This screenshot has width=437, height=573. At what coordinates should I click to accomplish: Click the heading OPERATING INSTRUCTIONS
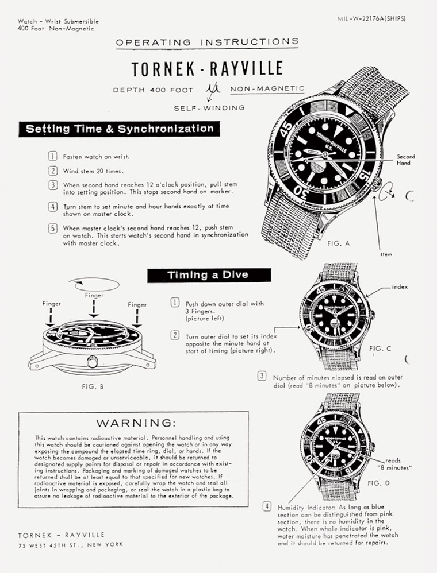point(207,42)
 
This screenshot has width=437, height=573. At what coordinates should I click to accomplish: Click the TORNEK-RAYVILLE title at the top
point(207,69)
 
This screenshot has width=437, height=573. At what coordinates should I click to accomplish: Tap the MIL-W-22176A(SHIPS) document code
point(371,19)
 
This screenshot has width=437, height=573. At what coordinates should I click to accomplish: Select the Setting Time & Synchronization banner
point(120,129)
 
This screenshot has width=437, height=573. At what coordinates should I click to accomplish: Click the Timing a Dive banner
point(209,275)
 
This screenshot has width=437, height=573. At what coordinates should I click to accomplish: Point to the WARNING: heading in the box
point(136,423)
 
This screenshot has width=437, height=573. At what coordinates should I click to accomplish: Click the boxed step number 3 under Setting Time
point(53,185)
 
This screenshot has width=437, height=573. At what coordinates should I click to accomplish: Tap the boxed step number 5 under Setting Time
point(53,229)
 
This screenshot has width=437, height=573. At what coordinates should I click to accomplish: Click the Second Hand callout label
point(406,160)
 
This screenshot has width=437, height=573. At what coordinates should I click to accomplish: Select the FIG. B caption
point(92,386)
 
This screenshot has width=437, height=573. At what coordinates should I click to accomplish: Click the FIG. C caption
point(380,349)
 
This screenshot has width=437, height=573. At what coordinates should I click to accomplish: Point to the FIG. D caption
point(379,483)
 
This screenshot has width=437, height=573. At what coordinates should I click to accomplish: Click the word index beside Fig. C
point(400,287)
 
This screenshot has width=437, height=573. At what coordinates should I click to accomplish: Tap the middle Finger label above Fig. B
point(94,295)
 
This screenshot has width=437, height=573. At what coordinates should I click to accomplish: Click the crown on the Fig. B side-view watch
point(92,362)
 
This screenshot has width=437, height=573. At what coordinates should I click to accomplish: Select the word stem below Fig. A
point(386,254)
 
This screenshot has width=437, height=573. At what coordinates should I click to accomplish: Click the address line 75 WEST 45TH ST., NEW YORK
point(71,544)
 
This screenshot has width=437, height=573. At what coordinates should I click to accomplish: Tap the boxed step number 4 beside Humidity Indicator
point(267,506)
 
